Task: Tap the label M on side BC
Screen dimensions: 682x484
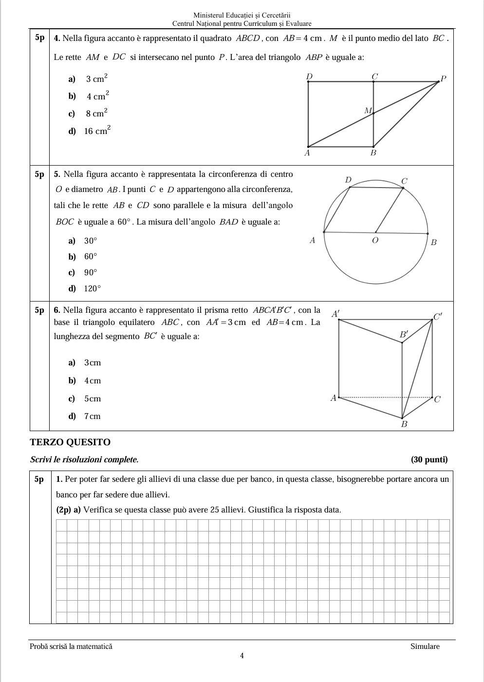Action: (368, 111)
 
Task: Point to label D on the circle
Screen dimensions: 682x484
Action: (348, 180)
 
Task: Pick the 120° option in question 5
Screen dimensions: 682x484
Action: (92, 288)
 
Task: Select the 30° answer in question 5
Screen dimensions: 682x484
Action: (90, 241)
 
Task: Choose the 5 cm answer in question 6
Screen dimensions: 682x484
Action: (92, 398)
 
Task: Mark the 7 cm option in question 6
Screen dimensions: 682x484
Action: (92, 416)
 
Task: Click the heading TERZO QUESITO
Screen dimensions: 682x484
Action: (70, 442)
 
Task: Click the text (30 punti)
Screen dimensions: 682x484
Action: (429, 459)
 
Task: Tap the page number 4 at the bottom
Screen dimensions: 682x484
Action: (242, 656)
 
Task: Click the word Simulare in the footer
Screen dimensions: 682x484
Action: (425, 646)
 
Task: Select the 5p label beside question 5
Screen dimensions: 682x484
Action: (39, 174)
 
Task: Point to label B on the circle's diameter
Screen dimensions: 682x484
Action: (434, 242)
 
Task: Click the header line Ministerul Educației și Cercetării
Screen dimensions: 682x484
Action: (242, 16)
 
